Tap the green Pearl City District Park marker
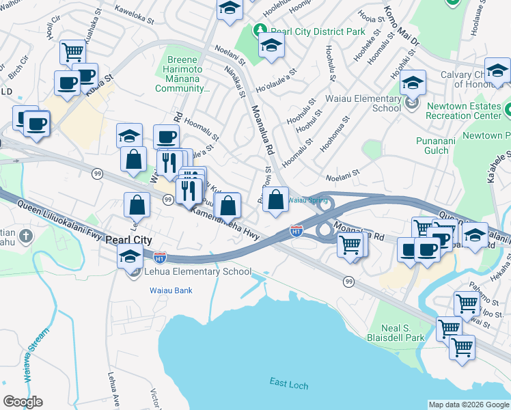click(260, 31)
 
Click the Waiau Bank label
click(171, 290)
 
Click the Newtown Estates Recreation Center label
click(462, 111)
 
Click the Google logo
click(23, 402)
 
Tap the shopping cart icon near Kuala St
click(72, 52)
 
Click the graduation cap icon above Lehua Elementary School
click(128, 258)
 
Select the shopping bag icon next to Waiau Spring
click(275, 201)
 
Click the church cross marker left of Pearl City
click(25, 236)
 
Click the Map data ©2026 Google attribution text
click(469, 405)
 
